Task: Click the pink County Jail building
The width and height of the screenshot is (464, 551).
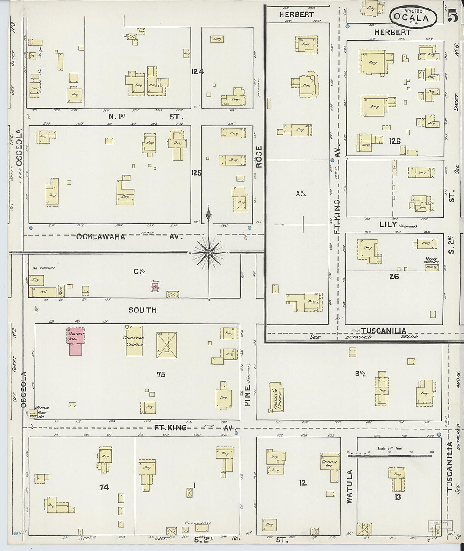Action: (x=76, y=341)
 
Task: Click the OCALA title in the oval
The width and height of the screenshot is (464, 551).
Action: (x=411, y=18)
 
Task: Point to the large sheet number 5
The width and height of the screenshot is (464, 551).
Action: (x=453, y=17)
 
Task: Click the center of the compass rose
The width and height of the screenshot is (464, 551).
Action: (x=209, y=253)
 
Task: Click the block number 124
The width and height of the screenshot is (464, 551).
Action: (x=197, y=72)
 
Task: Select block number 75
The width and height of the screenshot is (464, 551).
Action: (x=160, y=374)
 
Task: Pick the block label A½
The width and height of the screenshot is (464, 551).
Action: (x=300, y=194)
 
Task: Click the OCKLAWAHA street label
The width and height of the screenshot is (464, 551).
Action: (x=101, y=237)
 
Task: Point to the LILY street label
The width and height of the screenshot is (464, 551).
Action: (x=388, y=225)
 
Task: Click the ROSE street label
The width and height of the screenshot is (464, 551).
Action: (x=259, y=156)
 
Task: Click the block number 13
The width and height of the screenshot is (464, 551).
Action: (x=397, y=497)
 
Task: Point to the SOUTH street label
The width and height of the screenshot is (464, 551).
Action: (x=143, y=310)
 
